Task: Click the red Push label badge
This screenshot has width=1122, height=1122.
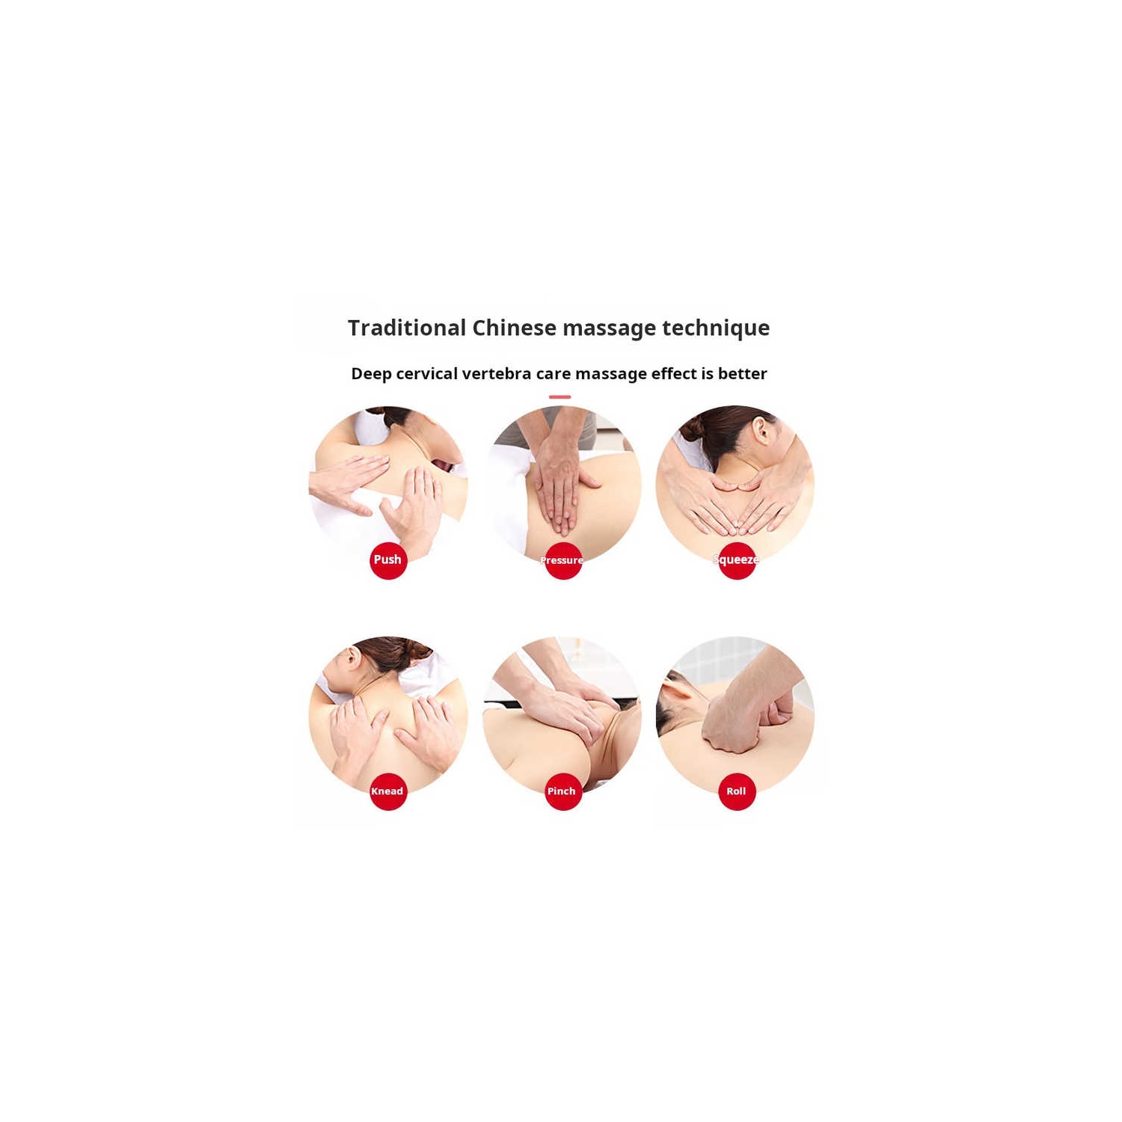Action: pos(388,560)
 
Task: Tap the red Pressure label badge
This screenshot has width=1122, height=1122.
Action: pos(562,560)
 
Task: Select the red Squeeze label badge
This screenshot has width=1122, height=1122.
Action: pos(737,560)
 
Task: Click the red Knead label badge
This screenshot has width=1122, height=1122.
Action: pos(388,791)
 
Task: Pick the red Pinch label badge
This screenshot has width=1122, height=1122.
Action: pos(562,791)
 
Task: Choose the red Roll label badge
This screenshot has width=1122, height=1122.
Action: pos(737,791)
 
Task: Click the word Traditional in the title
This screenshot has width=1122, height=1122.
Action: pos(407,328)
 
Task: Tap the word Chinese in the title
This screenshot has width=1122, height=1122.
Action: pos(514,328)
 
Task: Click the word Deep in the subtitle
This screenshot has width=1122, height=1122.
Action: pos(371,374)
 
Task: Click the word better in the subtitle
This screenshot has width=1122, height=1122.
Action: pos(743,373)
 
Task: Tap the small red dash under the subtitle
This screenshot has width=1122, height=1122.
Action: pos(560,397)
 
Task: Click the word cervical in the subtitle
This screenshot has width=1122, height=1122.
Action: pos(426,373)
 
